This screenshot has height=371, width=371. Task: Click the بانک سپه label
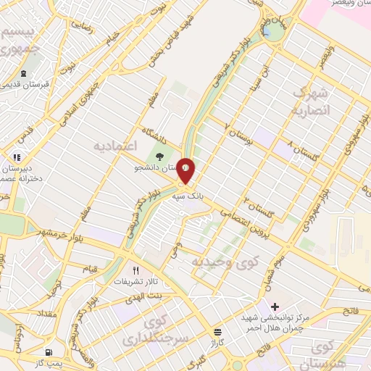[185, 196]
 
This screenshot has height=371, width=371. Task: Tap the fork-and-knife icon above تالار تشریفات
[135, 270]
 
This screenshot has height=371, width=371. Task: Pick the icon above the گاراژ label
[216, 330]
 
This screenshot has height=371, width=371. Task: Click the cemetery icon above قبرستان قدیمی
[24, 73]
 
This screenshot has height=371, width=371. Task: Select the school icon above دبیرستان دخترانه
[17, 156]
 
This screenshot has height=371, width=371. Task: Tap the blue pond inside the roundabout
[267, 33]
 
